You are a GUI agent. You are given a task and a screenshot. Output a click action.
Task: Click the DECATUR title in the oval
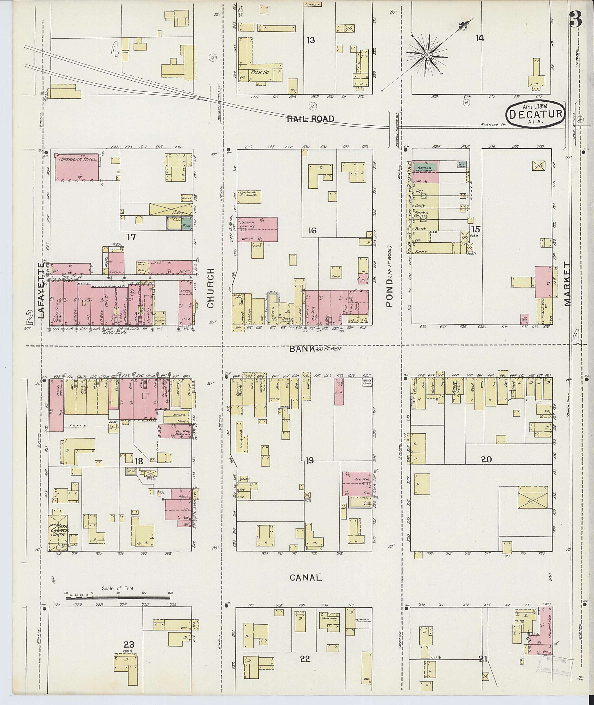click(535, 114)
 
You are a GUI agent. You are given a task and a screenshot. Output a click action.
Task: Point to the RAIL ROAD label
click(311, 119)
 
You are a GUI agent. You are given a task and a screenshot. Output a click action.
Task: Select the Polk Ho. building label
click(258, 72)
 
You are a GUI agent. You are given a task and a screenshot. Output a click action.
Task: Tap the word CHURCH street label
click(211, 288)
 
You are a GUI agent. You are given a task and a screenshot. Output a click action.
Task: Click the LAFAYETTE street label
click(41, 291)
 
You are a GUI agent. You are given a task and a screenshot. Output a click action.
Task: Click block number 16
click(312, 230)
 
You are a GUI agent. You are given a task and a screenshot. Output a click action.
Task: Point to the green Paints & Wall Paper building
click(426, 167)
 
